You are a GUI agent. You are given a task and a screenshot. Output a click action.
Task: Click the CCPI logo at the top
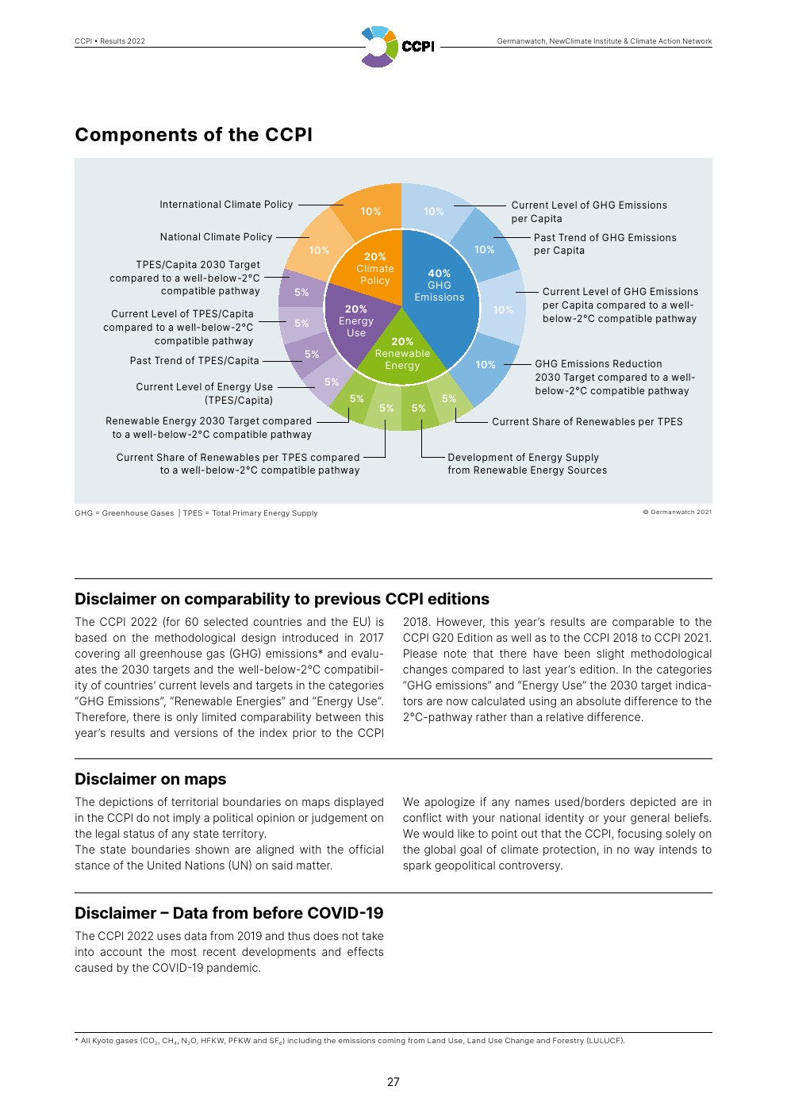point(397,46)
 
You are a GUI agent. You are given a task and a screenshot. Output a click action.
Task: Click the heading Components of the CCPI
point(194,135)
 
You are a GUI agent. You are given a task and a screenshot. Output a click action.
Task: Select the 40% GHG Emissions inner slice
point(440,285)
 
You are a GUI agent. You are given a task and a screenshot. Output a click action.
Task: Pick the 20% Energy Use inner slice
point(356,320)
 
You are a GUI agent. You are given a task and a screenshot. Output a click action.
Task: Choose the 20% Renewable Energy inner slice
point(402,353)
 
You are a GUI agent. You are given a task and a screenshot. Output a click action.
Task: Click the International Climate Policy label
point(226,205)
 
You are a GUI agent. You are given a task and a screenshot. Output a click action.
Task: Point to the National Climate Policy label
point(216,237)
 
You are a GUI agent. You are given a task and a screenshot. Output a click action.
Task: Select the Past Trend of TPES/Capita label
point(194,361)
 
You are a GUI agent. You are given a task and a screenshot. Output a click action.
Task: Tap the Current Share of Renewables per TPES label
point(587,422)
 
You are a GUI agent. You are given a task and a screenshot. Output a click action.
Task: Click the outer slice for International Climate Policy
point(370,211)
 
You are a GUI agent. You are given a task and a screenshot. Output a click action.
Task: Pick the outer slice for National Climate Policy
point(319,250)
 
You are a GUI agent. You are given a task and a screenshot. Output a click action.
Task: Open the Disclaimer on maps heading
point(151,779)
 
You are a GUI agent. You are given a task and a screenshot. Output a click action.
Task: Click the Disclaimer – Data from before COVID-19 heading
point(228,913)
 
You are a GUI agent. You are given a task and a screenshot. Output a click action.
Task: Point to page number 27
point(393,1082)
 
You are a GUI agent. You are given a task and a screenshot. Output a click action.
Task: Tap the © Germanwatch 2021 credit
point(677,512)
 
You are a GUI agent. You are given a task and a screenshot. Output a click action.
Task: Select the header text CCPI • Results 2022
point(109,41)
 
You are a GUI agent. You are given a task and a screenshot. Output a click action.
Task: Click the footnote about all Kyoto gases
point(349,1041)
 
